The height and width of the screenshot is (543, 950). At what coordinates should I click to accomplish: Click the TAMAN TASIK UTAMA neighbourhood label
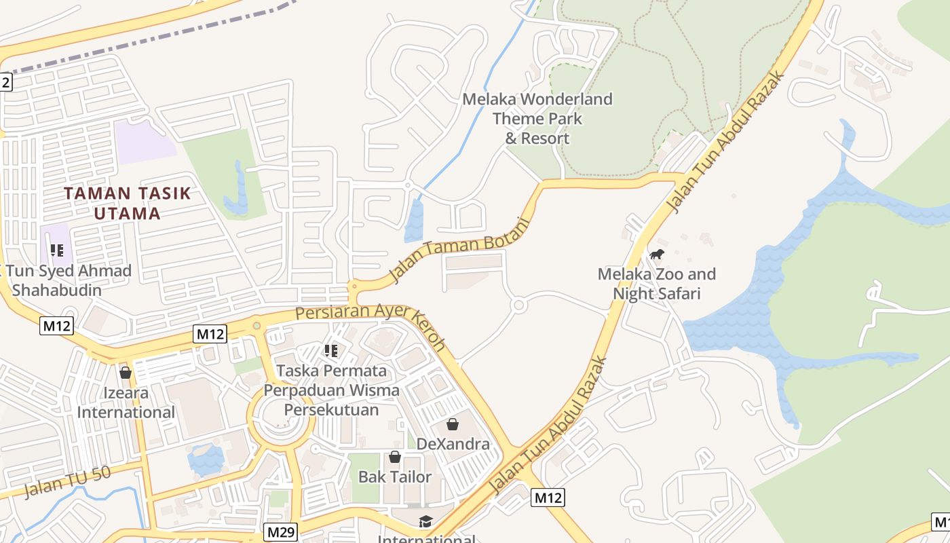pos(128,203)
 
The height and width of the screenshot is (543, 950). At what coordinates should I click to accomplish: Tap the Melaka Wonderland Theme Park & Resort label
pos(537,119)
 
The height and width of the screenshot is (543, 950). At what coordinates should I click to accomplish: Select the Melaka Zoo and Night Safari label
pos(656,284)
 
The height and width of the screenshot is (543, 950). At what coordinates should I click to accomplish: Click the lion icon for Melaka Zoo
pos(656,255)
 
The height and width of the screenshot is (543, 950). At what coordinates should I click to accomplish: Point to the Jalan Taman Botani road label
pos(459,250)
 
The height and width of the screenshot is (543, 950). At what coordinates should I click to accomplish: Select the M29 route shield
pos(280,532)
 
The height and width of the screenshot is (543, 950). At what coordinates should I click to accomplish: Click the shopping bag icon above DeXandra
pos(453,424)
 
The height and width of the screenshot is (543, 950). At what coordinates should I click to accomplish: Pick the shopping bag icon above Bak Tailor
pos(395,457)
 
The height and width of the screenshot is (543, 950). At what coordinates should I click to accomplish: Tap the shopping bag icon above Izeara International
pos(126,372)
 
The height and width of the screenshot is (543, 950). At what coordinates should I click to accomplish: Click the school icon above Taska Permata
pos(331,350)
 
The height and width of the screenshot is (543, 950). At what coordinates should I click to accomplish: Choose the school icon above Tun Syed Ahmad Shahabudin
pos(57,250)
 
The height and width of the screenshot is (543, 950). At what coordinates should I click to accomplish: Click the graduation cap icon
pos(425,521)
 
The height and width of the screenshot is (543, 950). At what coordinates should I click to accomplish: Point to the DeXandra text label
pos(453,444)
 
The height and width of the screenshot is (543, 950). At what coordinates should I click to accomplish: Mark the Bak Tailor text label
pos(395,476)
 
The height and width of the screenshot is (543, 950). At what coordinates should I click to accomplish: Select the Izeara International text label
pos(126,402)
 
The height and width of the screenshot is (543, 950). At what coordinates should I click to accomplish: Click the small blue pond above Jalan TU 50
pos(205,459)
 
